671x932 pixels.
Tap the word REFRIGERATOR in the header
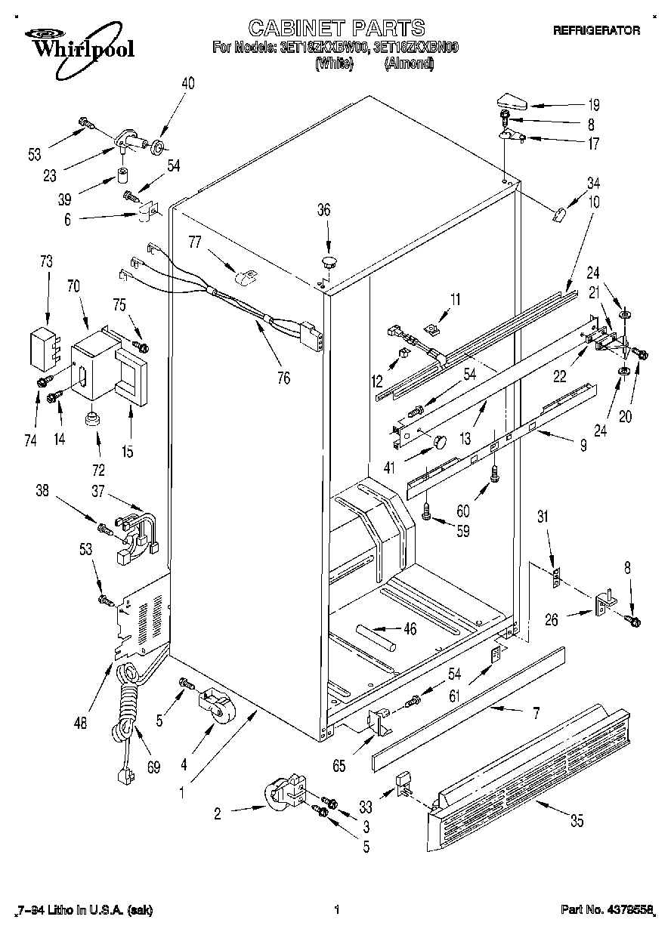596,31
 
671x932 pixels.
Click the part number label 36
323,211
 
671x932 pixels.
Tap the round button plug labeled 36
329,263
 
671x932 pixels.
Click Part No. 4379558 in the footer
608,911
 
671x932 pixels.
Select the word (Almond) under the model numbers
409,64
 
